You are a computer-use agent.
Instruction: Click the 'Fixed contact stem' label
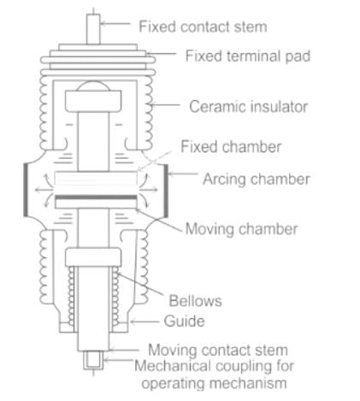click(203, 27)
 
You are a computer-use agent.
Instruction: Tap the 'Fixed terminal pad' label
click(248, 56)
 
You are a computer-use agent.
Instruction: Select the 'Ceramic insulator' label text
click(249, 107)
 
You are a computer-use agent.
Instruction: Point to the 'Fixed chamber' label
click(231, 147)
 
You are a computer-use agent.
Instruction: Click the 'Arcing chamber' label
click(257, 180)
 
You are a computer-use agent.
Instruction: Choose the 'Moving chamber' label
click(241, 229)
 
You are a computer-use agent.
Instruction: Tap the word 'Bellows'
click(195, 301)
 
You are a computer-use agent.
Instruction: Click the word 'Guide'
click(184, 321)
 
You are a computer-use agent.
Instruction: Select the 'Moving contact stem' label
click(218, 350)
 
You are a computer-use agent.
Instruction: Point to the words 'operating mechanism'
click(214, 383)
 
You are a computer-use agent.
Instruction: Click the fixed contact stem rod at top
click(93, 29)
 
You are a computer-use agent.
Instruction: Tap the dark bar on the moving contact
click(96, 197)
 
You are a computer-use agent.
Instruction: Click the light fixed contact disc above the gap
click(96, 179)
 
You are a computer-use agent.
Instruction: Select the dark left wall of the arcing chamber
click(26, 190)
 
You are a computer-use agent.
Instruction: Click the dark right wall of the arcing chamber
click(166, 191)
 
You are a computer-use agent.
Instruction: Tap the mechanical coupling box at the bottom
click(93, 361)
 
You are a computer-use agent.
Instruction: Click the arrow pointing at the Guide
click(145, 321)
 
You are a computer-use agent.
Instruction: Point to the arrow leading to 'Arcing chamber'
click(183, 174)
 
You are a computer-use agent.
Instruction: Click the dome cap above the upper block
click(93, 86)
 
